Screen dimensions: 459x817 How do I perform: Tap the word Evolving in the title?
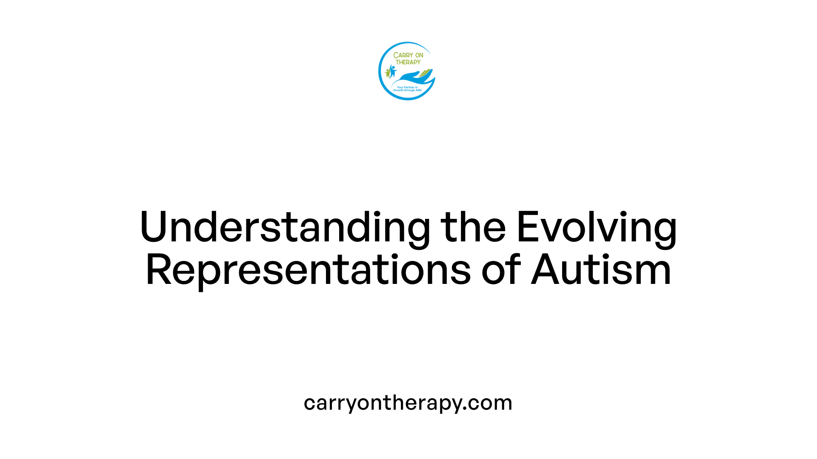click(x=596, y=228)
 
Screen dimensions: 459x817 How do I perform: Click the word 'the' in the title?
click(x=473, y=228)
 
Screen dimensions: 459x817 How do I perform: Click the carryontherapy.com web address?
click(x=408, y=403)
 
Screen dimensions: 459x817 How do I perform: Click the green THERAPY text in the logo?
click(x=408, y=62)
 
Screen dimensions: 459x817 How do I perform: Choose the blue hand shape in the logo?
click(x=411, y=77)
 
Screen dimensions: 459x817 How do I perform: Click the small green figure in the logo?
click(x=387, y=73)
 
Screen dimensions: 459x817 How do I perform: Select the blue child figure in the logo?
click(x=392, y=71)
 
